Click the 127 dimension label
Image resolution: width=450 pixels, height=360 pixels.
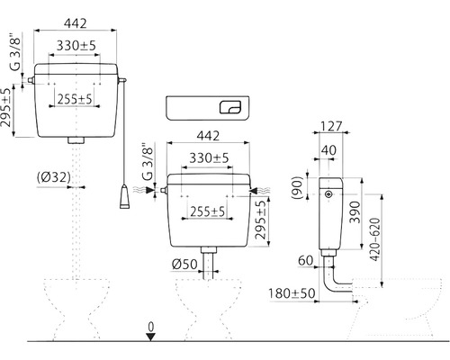click(331, 126)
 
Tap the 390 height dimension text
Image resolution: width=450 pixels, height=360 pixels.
click(355, 212)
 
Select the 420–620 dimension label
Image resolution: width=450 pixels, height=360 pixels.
click(374, 239)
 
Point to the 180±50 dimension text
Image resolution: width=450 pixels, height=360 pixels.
click(292, 293)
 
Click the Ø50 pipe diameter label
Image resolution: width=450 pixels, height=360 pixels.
click(184, 265)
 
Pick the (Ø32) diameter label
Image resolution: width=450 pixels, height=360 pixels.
click(54, 177)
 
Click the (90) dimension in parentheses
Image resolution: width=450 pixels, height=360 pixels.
click(297, 188)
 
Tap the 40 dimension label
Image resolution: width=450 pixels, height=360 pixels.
click(328, 150)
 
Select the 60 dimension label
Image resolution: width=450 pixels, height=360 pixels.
click(306, 261)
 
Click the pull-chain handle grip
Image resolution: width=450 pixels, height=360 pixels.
click(124, 197)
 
